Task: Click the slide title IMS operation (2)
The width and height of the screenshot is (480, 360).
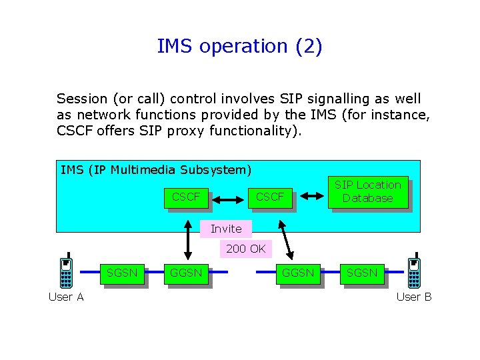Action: (x=239, y=47)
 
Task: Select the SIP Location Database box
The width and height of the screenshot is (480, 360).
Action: (x=368, y=192)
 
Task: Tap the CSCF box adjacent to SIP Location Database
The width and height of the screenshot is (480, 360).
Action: (x=270, y=197)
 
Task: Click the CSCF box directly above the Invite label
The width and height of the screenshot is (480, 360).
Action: (x=186, y=197)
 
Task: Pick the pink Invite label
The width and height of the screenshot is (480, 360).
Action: (x=226, y=229)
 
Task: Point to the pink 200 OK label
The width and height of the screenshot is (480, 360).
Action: (x=246, y=249)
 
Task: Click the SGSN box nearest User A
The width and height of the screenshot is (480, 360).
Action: (x=122, y=273)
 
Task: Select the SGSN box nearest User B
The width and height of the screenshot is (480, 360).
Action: (x=362, y=273)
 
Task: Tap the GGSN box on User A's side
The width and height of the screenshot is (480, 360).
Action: (x=186, y=273)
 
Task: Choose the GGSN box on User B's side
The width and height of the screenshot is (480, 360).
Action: (x=298, y=273)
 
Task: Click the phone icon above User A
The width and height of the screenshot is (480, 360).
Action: (x=66, y=273)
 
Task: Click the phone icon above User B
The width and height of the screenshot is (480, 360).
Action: (x=414, y=273)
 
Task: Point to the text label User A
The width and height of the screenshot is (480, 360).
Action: (x=66, y=297)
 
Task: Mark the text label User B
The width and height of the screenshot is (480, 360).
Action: (x=414, y=297)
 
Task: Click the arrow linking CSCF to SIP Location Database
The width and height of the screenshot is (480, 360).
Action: (x=310, y=196)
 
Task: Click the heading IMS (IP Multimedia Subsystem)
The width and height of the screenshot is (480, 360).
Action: (x=155, y=170)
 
